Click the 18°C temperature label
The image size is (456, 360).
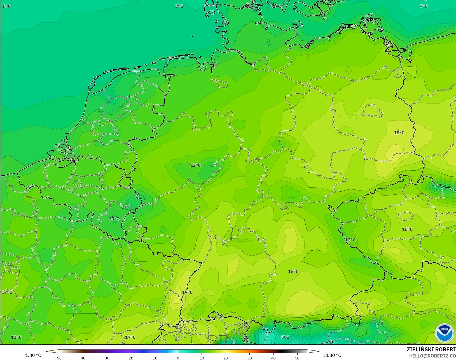click(399, 133)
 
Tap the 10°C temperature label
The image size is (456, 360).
click(114, 219)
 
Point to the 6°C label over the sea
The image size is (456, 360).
click(7, 6)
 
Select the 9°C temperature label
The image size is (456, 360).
click(277, 6)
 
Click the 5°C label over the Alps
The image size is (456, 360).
click(285, 337)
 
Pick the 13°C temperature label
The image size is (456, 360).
click(7, 292)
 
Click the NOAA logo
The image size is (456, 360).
click(444, 333)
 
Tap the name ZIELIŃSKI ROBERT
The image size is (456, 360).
click(431, 349)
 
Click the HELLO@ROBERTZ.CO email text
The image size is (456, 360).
click(432, 356)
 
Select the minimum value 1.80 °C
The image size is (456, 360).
click(33, 355)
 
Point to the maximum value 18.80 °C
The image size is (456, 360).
click(332, 355)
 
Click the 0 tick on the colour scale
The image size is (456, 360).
click(178, 358)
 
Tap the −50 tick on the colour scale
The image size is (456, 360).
click(58, 358)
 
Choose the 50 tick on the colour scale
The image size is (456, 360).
click(297, 358)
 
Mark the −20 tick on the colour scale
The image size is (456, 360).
click(130, 358)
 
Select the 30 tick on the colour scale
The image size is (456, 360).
click(249, 358)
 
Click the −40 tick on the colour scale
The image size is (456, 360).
click(82, 358)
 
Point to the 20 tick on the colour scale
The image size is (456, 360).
click(226, 358)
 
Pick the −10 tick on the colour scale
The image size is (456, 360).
click(154, 358)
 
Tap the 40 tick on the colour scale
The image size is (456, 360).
click(273, 358)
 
